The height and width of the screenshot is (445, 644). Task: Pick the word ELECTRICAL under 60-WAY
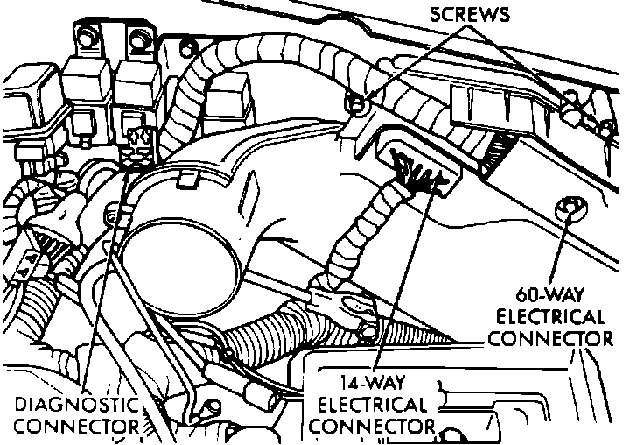[x=549, y=315]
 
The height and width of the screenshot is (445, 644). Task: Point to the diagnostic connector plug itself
[x=137, y=144]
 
